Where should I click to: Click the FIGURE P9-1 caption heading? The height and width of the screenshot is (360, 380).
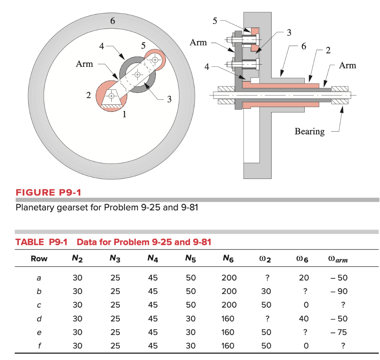48,193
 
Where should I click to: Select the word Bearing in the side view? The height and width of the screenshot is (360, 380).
309,131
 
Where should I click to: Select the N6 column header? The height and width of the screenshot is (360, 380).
227,259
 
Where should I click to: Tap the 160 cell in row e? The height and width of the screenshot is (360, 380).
227,332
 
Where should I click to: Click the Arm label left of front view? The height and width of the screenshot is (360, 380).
85,64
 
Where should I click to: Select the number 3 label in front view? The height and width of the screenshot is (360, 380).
169,99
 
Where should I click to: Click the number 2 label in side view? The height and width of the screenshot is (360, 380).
328,50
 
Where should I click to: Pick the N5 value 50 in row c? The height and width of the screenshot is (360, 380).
190,305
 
